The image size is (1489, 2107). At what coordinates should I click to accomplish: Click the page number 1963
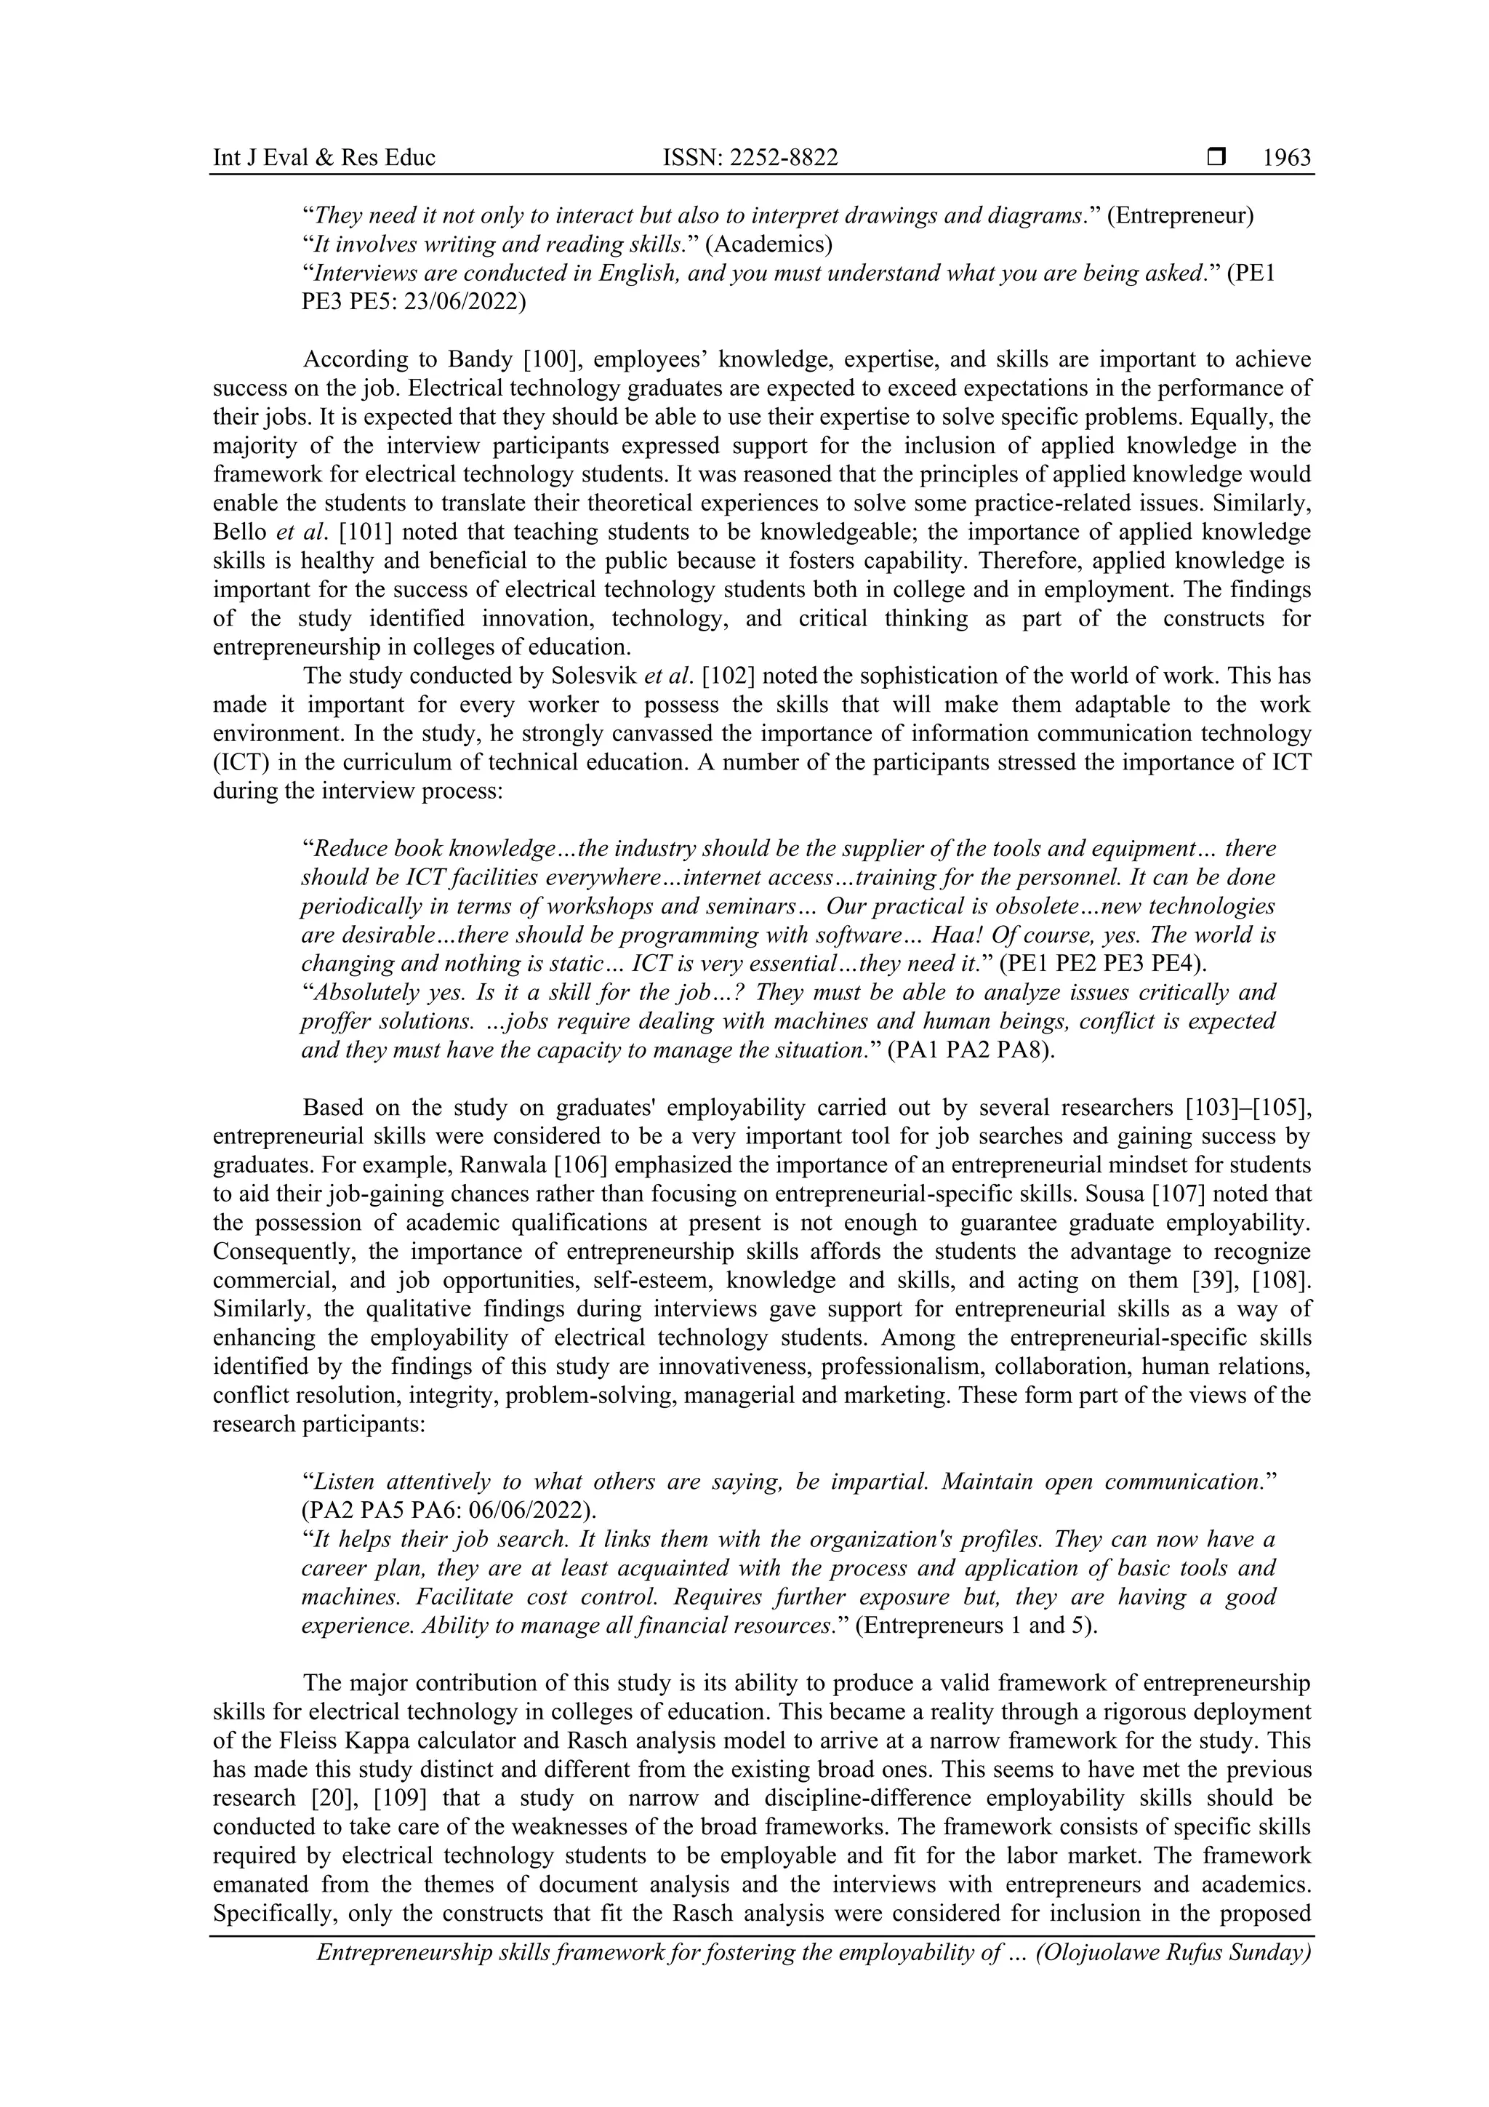tap(1286, 158)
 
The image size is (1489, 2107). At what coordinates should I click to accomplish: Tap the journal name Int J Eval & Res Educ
tap(324, 158)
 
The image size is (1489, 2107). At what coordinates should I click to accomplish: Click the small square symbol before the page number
tap(1216, 158)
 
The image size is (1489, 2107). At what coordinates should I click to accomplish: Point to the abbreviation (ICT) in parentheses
tap(238, 764)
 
